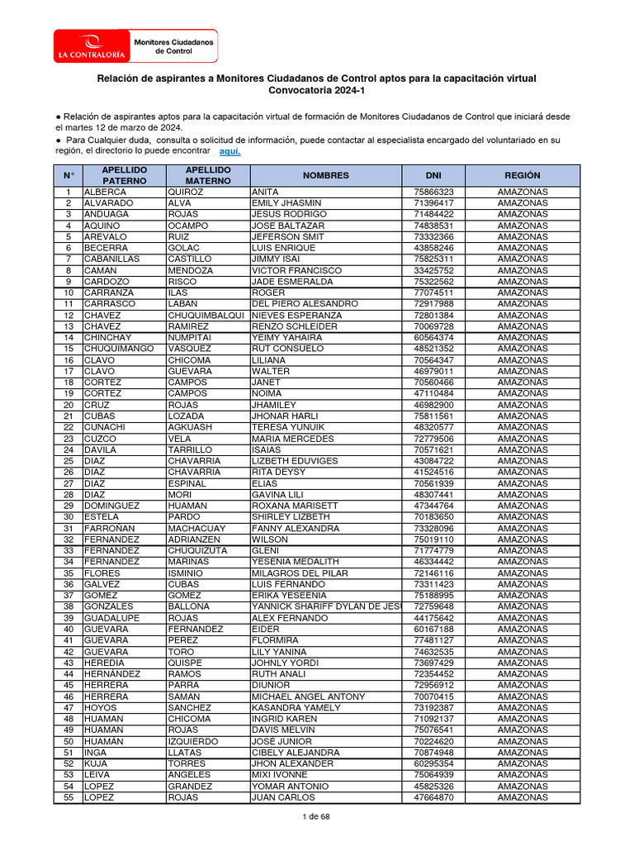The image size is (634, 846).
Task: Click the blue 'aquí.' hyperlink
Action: tap(230, 152)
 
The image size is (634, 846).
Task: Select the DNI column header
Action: tap(433, 175)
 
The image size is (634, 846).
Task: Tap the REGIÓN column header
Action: tap(523, 175)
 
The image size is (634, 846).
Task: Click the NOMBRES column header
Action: tap(325, 175)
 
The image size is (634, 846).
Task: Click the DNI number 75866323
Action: tap(433, 192)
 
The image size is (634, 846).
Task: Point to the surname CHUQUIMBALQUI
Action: tap(206, 316)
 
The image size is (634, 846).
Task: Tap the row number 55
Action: tap(69, 797)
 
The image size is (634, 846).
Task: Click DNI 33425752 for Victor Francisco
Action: tap(433, 271)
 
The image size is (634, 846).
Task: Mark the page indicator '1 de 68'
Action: tap(317, 816)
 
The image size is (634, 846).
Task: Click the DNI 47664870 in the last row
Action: tap(433, 797)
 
